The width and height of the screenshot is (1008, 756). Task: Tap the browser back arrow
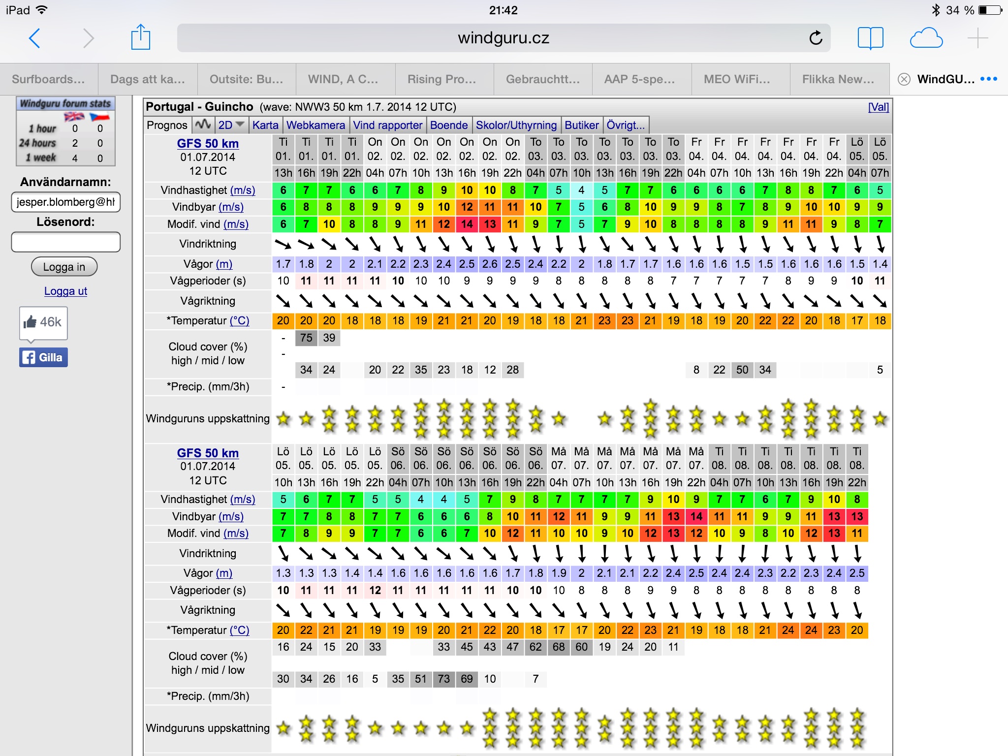[x=34, y=38]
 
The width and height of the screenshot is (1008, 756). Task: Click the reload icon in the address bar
[x=816, y=38]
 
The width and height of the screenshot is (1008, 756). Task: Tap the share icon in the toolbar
[x=140, y=37]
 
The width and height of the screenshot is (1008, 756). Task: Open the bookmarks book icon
[x=870, y=38]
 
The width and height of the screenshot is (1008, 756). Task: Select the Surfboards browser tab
[x=48, y=79]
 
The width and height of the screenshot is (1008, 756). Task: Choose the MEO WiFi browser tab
[x=736, y=79]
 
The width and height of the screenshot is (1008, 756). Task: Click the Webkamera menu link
[x=315, y=125]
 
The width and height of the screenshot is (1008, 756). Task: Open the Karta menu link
[x=265, y=125]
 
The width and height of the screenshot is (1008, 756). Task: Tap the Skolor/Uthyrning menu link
[x=516, y=125]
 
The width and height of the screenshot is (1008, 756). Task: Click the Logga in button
[x=64, y=267]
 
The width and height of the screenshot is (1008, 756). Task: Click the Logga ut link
[x=65, y=291]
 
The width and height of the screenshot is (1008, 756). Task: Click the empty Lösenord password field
[x=65, y=242]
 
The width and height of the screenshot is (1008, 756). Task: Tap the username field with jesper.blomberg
[x=65, y=202]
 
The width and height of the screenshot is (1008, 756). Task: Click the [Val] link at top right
[x=878, y=107]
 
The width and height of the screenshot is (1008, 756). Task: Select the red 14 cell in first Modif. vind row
[x=467, y=224]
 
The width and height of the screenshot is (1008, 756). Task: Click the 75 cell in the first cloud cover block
[x=306, y=338]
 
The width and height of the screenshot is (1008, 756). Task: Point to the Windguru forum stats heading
[x=65, y=103]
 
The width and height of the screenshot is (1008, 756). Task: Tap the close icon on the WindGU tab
[x=904, y=79]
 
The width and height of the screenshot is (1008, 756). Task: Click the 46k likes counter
[x=43, y=322]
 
